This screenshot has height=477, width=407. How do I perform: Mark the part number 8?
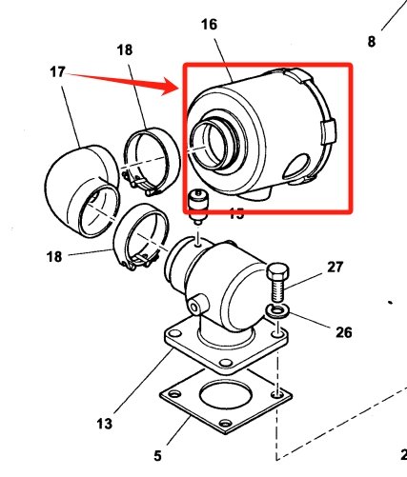371,41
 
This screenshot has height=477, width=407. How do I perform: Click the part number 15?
235,213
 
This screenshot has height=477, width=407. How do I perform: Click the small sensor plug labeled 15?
198,206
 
